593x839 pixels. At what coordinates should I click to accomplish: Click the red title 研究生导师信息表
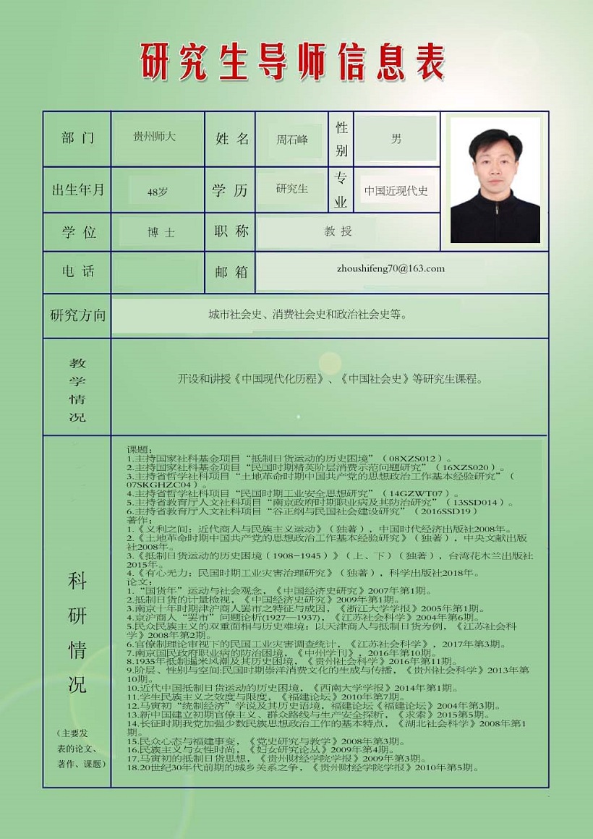click(x=292, y=61)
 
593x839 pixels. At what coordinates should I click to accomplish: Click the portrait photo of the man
click(x=495, y=179)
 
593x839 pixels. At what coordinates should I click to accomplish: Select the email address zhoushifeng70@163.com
click(x=391, y=268)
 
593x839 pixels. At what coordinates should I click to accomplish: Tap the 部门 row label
click(x=77, y=138)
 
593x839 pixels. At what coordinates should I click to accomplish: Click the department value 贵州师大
click(x=155, y=136)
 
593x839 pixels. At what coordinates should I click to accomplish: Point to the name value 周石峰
click(x=292, y=139)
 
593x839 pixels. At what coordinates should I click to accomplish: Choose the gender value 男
click(x=396, y=138)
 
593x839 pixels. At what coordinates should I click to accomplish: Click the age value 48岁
click(x=157, y=192)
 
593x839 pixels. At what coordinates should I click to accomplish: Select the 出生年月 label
click(x=77, y=190)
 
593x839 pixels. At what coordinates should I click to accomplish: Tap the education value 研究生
click(x=292, y=189)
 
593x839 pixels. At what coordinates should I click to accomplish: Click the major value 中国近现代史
click(x=396, y=191)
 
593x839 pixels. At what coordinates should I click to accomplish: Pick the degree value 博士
click(x=161, y=233)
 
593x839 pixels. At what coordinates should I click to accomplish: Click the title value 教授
click(x=338, y=231)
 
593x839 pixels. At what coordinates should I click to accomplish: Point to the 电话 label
click(x=77, y=272)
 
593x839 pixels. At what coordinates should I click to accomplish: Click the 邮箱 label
click(x=231, y=272)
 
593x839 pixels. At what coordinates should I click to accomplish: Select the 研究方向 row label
click(x=77, y=315)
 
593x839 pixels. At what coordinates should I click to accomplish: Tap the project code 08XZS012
click(x=411, y=459)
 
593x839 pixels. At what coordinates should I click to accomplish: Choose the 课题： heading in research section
click(x=137, y=450)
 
